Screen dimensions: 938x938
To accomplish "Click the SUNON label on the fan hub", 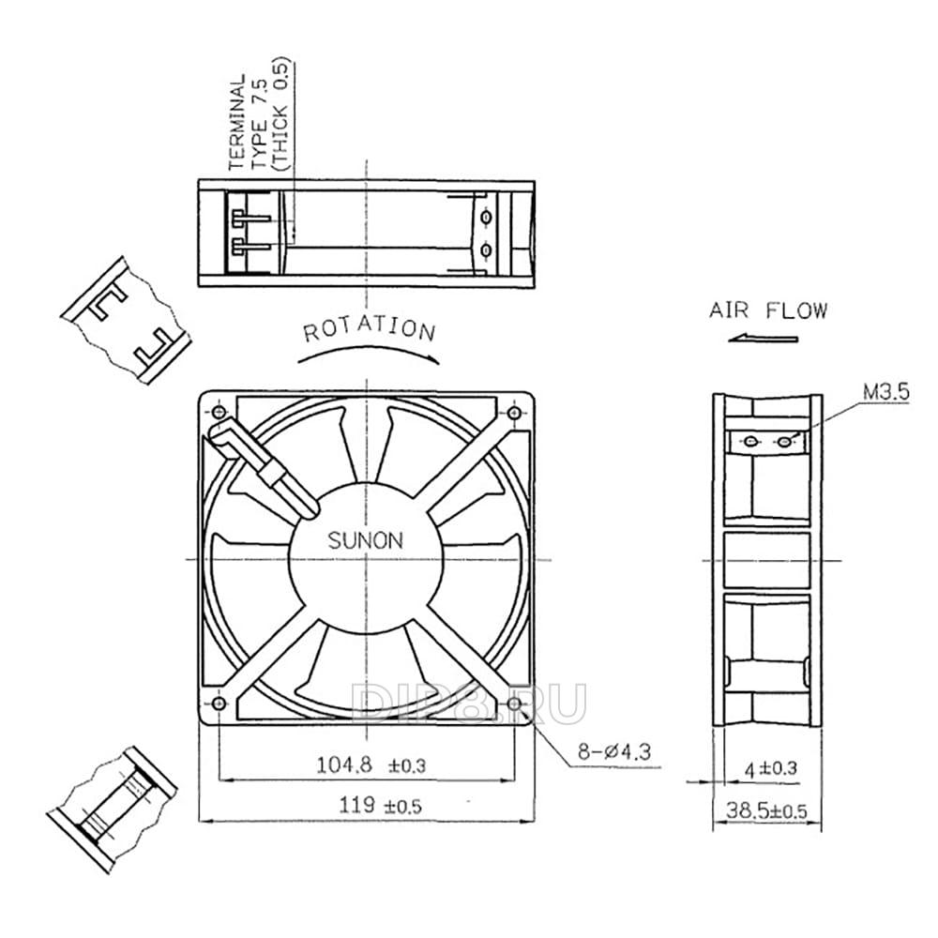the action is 365,541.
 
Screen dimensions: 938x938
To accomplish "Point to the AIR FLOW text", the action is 768,310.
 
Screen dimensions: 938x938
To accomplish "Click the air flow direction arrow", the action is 763,340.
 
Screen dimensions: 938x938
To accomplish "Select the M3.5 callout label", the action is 886,392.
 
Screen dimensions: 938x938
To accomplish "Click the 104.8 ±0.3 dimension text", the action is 371,765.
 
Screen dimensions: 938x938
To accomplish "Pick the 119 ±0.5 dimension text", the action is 381,805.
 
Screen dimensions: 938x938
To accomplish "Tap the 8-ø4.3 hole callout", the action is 613,751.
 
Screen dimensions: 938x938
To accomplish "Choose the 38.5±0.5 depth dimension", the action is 766,811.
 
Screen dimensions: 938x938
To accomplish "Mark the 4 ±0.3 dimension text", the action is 771,768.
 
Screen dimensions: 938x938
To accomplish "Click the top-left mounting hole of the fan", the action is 219,412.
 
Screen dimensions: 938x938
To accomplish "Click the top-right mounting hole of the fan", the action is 514,412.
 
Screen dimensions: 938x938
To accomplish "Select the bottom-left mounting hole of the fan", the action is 219,703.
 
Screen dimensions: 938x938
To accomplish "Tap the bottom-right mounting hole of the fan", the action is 514,703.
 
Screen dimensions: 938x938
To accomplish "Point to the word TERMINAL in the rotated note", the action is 237,122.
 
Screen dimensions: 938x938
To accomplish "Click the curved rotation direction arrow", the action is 369,351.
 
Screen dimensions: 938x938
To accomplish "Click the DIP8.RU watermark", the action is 468,703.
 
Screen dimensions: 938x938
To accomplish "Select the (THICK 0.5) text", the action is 280,114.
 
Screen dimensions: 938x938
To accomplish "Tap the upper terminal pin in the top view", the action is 251,219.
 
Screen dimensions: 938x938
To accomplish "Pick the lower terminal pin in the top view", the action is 251,246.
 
